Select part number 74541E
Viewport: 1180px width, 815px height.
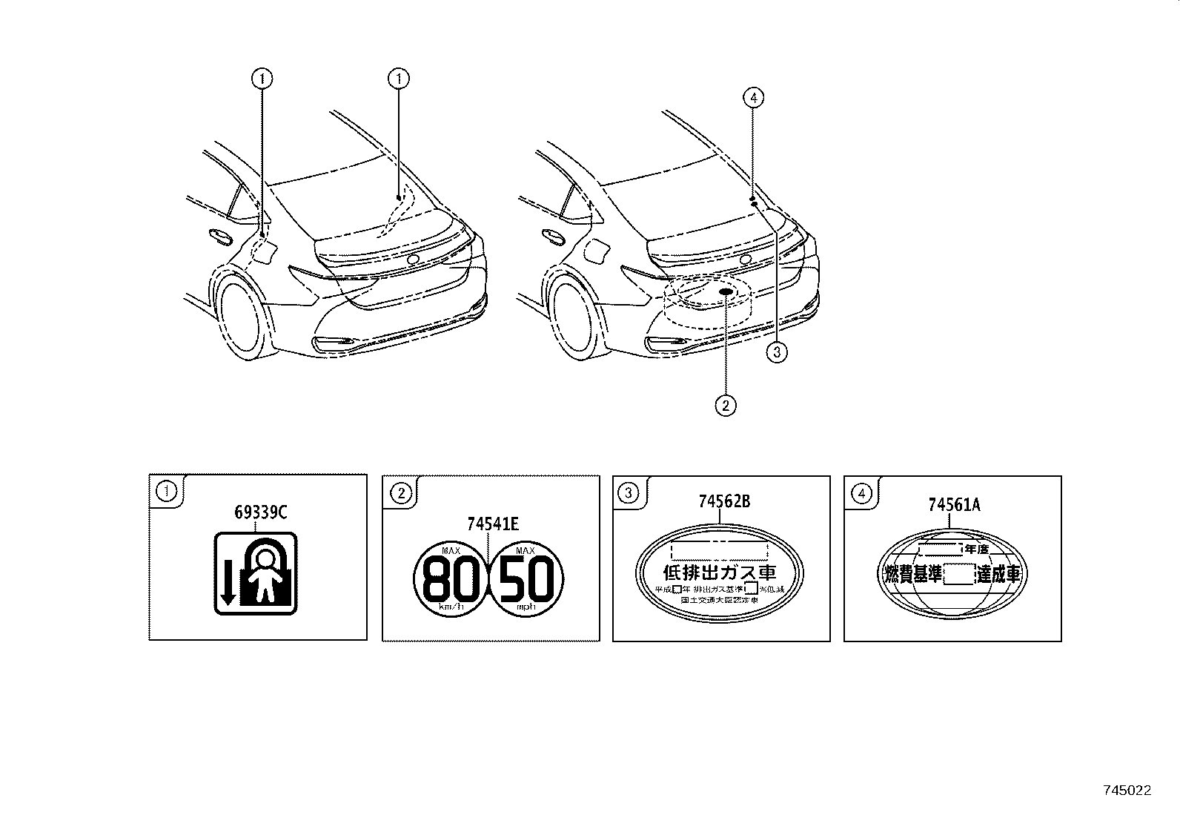[x=493, y=524]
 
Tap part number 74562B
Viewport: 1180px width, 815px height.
[x=724, y=501]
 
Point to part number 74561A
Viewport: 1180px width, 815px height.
[x=954, y=505]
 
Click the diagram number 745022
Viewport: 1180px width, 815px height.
[x=1126, y=791]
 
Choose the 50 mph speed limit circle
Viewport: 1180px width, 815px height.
[x=527, y=578]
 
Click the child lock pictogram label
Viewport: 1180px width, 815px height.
[x=256, y=573]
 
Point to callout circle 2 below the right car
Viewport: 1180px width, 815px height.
[x=725, y=405]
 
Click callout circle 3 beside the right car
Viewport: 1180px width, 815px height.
[x=776, y=352]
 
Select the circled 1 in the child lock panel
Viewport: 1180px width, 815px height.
[x=165, y=491]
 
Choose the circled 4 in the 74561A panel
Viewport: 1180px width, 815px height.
[x=861, y=493]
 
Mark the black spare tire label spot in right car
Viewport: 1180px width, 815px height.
[x=726, y=292]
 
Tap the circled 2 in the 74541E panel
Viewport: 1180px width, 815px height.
[x=399, y=492]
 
